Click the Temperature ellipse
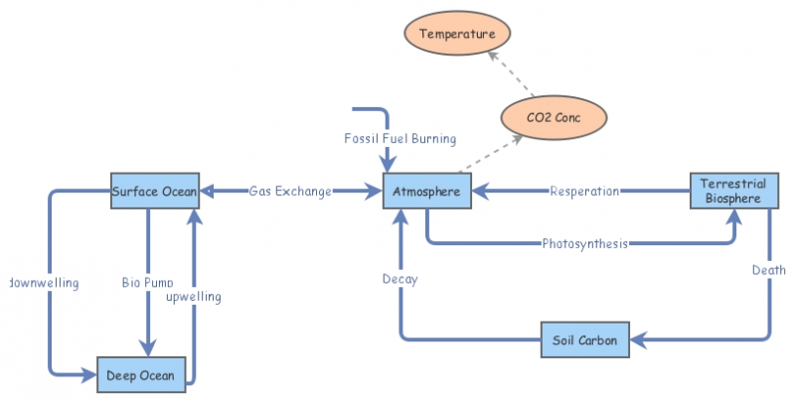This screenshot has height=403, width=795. (457, 35)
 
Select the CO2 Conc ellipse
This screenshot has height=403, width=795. (554, 118)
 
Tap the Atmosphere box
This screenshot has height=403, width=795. (426, 191)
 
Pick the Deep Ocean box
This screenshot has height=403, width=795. (141, 375)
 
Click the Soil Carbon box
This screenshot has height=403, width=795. (584, 340)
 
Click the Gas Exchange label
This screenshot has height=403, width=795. (290, 191)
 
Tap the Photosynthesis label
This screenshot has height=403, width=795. (584, 243)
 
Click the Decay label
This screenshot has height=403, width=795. (399, 279)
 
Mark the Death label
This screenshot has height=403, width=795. (769, 270)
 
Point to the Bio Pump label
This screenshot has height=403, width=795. (148, 283)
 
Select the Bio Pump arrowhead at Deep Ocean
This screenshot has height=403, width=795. (148, 348)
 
